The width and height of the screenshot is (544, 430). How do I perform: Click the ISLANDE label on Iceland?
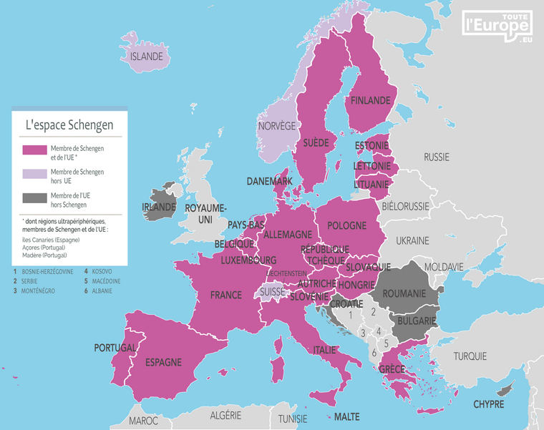[x=147, y=57]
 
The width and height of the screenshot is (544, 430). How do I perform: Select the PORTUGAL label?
[x=115, y=348]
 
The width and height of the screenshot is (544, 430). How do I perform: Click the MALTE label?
[x=346, y=416]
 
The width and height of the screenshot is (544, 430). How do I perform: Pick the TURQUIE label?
[x=470, y=356]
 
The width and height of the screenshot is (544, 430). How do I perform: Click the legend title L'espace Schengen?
[x=69, y=124]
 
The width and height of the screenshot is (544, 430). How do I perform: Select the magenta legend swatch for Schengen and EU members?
[x=34, y=151]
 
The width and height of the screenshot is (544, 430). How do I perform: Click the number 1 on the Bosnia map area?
[x=351, y=315]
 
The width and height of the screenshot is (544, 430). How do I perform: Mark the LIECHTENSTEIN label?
[x=286, y=273]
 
